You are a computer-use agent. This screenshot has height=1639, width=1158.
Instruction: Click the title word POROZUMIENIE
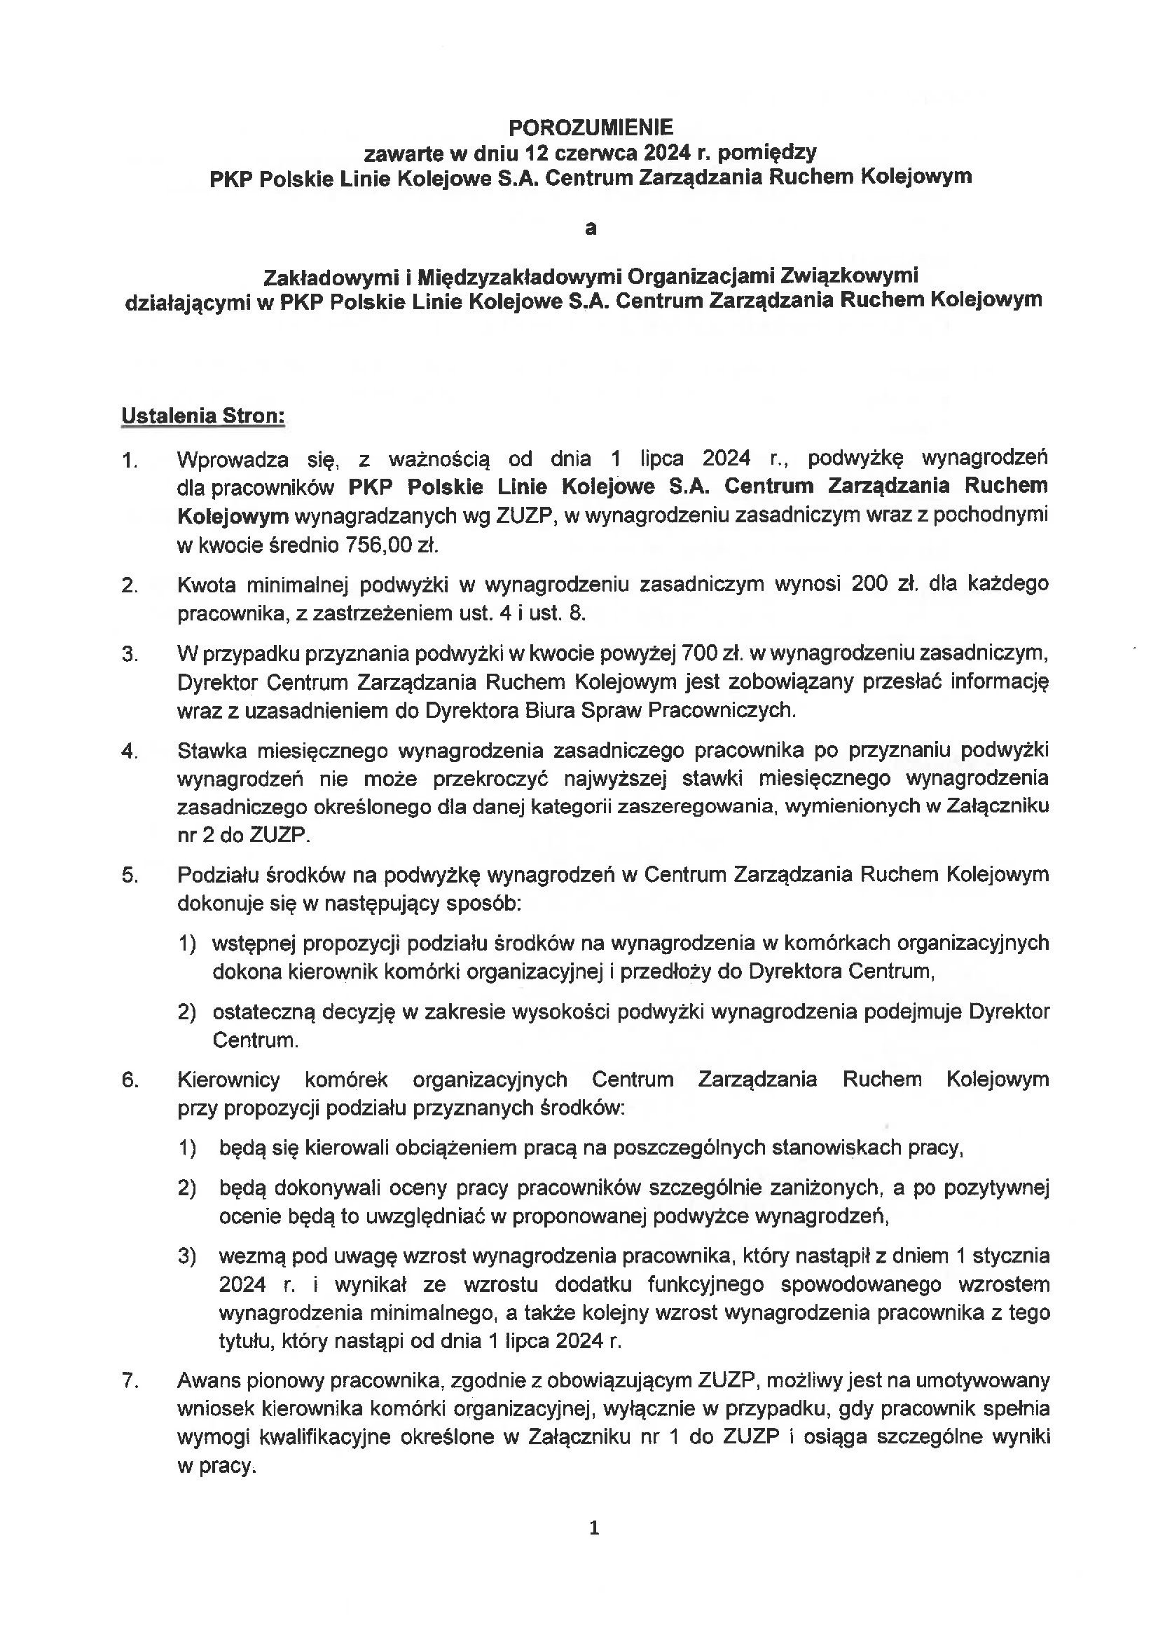coord(590,127)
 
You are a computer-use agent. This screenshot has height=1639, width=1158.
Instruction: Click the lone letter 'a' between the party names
coord(590,229)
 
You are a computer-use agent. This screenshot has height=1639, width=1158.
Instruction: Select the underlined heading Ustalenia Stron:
coord(202,416)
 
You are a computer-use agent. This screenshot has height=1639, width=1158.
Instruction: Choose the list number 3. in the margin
coord(129,654)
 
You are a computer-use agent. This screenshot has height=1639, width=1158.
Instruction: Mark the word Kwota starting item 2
coord(205,584)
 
